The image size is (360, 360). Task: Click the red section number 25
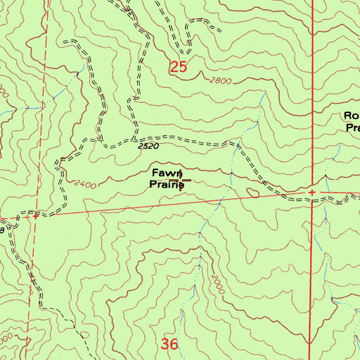(179, 68)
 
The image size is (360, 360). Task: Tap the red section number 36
(169, 344)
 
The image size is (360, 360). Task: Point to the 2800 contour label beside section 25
(220, 81)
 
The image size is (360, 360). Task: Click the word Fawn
(167, 174)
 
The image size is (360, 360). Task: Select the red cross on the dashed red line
(34, 217)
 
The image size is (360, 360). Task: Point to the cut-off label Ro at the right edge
(352, 116)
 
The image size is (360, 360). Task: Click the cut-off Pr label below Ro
(353, 128)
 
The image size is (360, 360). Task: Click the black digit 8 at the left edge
(2, 230)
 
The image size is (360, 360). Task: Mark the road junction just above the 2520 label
(134, 136)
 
